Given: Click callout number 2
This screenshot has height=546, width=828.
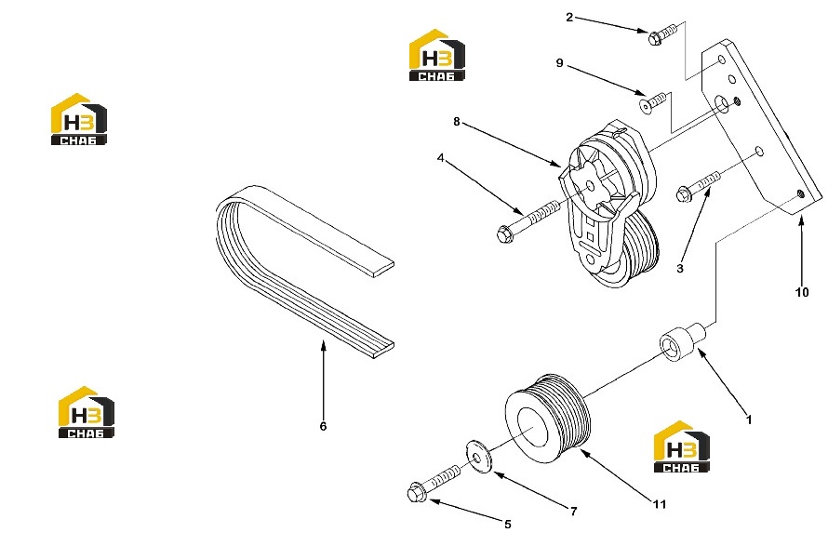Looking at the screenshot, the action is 568,18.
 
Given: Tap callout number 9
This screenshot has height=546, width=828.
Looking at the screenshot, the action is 560,63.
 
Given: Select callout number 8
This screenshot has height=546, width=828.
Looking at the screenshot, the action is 457,122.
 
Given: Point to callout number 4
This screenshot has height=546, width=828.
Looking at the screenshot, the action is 440,158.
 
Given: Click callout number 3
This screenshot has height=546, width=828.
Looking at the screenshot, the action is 680,269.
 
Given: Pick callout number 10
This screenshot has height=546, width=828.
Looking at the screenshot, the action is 802,293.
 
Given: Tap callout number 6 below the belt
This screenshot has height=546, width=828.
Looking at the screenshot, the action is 323,426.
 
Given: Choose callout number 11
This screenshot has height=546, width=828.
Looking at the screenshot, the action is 660,505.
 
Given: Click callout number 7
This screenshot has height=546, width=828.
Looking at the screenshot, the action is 573,512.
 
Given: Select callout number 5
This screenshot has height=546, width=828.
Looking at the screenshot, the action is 507,525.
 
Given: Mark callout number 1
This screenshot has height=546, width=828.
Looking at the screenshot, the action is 749,420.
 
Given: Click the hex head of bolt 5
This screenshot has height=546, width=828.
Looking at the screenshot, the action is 415,493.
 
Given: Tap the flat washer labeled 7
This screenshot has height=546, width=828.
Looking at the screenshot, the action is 479,456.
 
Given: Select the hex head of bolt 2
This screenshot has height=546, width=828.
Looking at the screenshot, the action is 654,37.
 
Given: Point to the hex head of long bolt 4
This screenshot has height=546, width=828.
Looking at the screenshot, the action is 505,233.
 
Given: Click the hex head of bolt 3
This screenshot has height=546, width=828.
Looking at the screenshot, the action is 684,194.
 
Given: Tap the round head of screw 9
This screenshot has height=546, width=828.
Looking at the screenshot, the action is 646,105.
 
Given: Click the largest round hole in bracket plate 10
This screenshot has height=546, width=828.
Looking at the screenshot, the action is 721,103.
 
